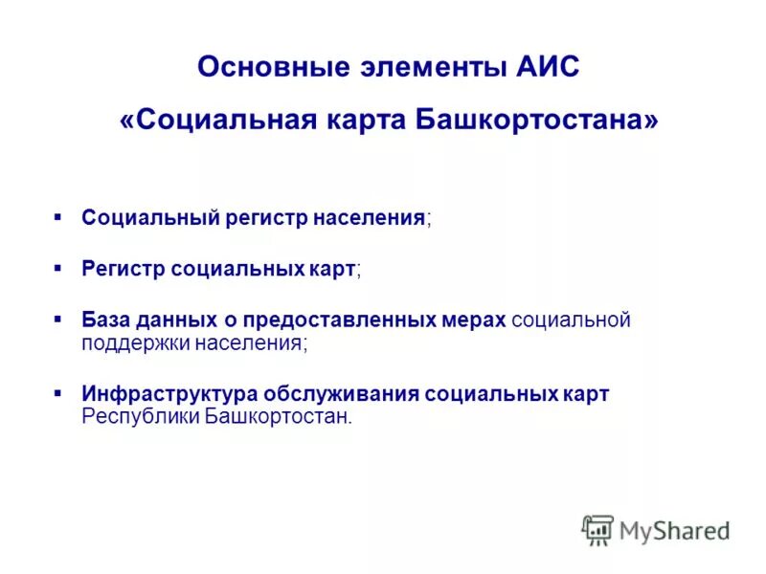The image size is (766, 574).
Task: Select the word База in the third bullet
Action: pos(107,320)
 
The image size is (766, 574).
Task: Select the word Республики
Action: pos(140,417)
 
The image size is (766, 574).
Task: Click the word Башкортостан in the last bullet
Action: pos(278,417)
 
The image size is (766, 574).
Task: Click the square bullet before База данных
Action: pos(58,317)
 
